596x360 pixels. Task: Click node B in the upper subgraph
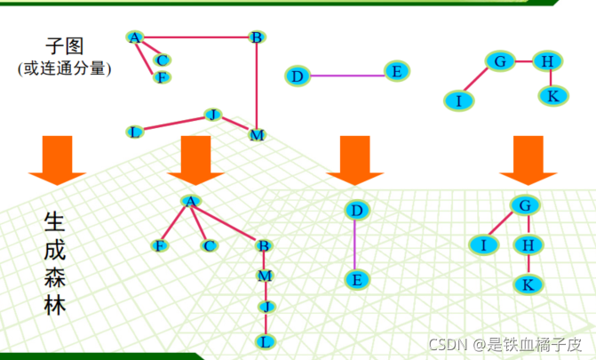pyautogui.click(x=256, y=37)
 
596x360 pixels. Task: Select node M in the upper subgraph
pyautogui.click(x=257, y=135)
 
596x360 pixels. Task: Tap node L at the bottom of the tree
pyautogui.click(x=264, y=340)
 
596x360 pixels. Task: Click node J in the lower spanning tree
pyautogui.click(x=264, y=307)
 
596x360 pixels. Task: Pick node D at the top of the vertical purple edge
pyautogui.click(x=356, y=211)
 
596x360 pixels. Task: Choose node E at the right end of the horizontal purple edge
pyautogui.click(x=396, y=71)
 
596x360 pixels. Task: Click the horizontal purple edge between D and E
pyautogui.click(x=346, y=75)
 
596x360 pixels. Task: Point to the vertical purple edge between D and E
pyautogui.click(x=355, y=244)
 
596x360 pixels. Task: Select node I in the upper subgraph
pyautogui.click(x=458, y=100)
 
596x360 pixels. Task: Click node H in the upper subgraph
pyautogui.click(x=548, y=61)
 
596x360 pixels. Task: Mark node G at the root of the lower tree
pyautogui.click(x=526, y=205)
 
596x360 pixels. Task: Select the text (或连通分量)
pyautogui.click(x=64, y=68)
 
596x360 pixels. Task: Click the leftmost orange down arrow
pyautogui.click(x=57, y=159)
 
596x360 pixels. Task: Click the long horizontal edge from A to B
pyautogui.click(x=195, y=37)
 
